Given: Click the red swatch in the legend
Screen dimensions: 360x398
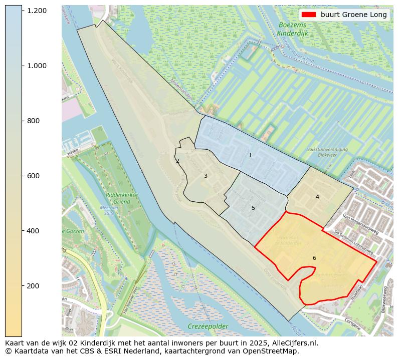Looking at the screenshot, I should [309, 15].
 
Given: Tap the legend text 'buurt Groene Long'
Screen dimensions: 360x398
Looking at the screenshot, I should [354, 15].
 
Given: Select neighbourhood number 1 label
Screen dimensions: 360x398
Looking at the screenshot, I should [250, 156].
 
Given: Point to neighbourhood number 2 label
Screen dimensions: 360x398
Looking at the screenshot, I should [177, 161].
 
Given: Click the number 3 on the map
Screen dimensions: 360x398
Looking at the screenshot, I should [206, 176].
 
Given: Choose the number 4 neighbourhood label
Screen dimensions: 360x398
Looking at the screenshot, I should [317, 197].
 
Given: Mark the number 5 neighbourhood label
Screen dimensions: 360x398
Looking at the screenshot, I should [253, 208].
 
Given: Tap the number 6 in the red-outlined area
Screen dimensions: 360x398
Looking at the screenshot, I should [314, 258].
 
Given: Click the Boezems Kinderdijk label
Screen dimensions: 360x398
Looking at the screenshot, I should [292, 29].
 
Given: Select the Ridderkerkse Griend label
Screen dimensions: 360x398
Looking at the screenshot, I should [118, 198].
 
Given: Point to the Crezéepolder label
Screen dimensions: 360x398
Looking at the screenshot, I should [208, 326].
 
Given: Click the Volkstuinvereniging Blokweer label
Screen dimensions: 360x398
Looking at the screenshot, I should [327, 152].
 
